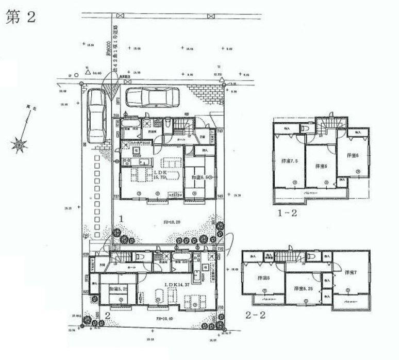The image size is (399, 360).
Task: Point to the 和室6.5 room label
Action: pos(199,177)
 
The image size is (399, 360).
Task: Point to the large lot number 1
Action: pos(122,219)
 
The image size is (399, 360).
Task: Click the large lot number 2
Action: pos(107,315)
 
